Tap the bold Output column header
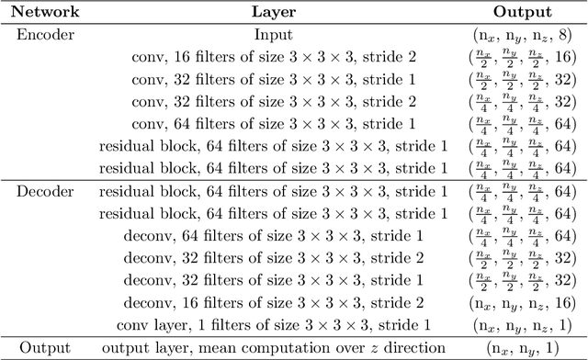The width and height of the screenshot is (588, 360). click(522, 13)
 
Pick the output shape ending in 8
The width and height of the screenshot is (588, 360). click(522, 34)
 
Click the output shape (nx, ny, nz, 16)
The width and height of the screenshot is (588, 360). click(522, 303)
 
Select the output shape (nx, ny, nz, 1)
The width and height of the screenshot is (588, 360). click(522, 325)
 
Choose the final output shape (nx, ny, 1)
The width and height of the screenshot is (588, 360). click(522, 348)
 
